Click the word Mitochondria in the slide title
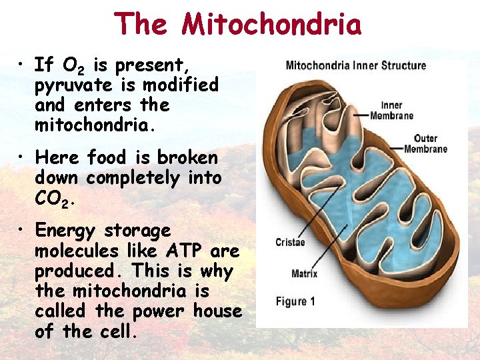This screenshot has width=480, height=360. (272, 24)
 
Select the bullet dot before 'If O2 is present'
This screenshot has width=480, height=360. (23, 65)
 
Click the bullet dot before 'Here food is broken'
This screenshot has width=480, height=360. (23, 158)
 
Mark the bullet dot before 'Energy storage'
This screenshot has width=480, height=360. (23, 231)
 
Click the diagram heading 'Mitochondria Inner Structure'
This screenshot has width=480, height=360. (355, 66)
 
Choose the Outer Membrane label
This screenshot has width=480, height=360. (425, 143)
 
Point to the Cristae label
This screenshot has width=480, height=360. (290, 242)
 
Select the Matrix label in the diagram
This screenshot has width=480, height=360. (304, 273)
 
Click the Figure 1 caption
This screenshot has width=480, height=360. (295, 301)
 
